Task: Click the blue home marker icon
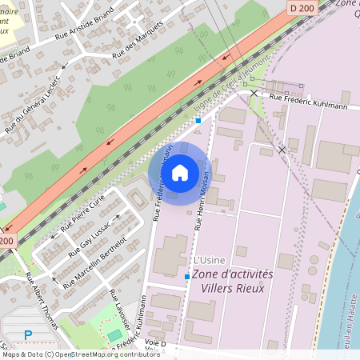pyautogui.click(x=180, y=172)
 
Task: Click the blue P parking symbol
pyautogui.click(x=28, y=335)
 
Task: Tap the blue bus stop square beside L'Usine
pyautogui.click(x=187, y=277)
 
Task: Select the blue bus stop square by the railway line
pyautogui.click(x=198, y=121)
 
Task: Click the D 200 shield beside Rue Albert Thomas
pyautogui.click(x=7, y=240)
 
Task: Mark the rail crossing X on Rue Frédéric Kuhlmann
pyautogui.click(x=254, y=94)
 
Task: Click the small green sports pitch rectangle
pyautogui.click(x=115, y=334)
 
